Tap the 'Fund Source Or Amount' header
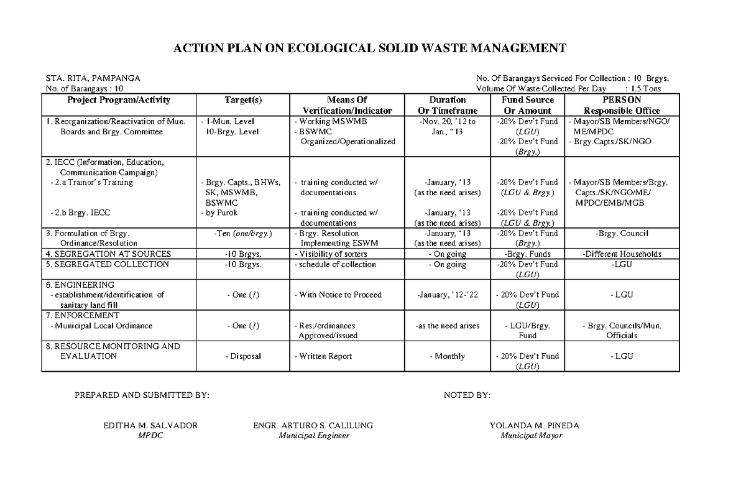click(527, 105)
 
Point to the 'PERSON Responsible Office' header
click(613, 105)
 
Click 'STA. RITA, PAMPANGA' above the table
click(93, 78)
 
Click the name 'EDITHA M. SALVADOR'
click(151, 426)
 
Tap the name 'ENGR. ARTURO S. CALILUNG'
click(313, 426)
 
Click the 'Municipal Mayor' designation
click(532, 436)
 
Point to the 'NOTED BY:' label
click(467, 395)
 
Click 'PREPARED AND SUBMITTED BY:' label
click(142, 395)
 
